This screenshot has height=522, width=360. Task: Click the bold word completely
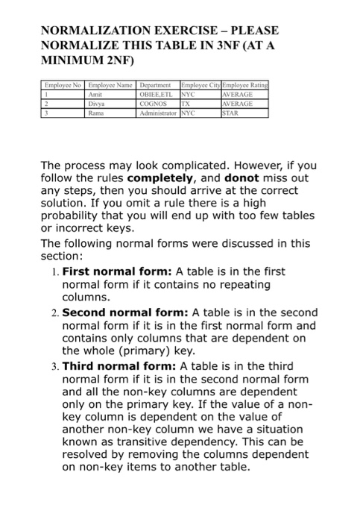pos(162,177)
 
